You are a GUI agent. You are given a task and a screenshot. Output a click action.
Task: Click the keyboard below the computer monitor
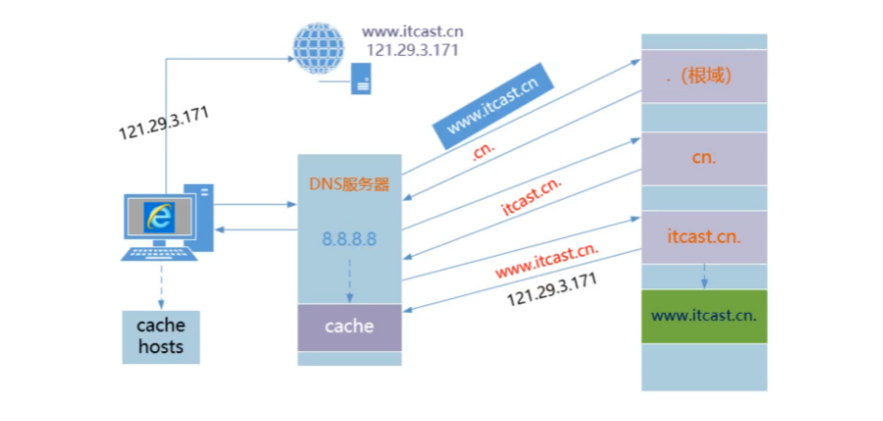158,253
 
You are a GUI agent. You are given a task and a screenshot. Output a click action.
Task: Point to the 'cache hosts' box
160,335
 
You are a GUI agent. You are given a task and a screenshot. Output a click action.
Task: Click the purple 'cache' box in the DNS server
349,327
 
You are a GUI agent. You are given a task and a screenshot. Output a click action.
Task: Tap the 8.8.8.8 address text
349,239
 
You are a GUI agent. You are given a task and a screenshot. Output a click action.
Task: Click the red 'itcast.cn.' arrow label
532,199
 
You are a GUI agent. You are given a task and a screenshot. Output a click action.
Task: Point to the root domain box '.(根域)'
703,76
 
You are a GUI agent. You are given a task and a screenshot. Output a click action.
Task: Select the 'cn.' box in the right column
703,156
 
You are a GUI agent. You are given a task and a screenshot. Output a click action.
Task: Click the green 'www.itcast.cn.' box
703,317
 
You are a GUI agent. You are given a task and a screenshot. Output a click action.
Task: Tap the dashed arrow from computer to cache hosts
159,284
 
